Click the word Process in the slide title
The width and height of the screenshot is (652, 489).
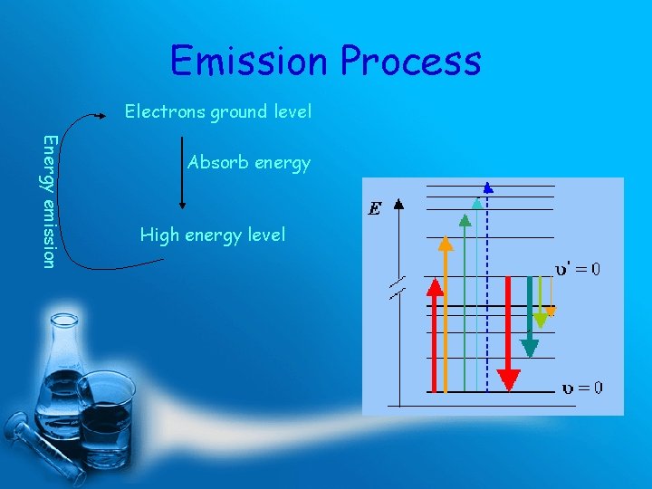410,62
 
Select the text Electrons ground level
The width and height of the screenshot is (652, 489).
217,111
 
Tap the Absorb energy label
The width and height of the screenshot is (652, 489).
248,163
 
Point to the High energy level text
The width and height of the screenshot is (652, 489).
212,235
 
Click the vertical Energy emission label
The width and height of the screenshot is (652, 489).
50,201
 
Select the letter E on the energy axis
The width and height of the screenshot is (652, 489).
374,209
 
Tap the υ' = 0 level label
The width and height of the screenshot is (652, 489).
577,269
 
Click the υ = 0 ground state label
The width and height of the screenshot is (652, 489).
581,388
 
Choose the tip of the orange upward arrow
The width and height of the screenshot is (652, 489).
445,242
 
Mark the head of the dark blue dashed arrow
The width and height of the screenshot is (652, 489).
488,188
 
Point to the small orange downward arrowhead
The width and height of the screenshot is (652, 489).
551,312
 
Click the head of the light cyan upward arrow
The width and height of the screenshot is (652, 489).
476,203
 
